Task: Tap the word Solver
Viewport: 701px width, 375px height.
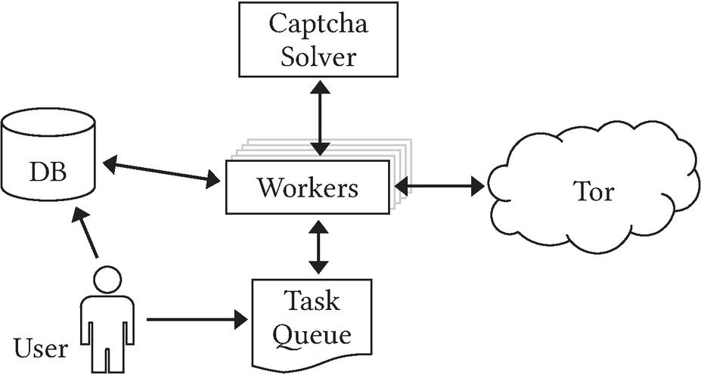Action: [319, 55]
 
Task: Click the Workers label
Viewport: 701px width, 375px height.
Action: [308, 187]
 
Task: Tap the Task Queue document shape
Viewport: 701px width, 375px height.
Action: [311, 318]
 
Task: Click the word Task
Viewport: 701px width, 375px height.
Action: [311, 302]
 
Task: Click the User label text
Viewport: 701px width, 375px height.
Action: [41, 349]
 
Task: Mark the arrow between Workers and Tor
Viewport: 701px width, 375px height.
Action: [439, 185]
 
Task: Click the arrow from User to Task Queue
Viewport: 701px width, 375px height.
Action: [197, 320]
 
